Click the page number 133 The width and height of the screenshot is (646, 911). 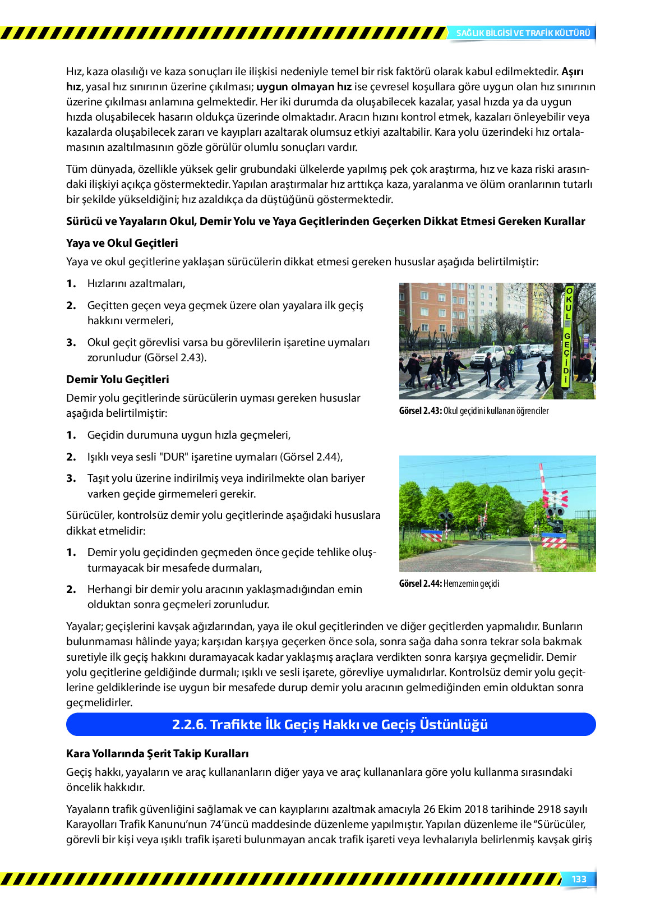(579, 879)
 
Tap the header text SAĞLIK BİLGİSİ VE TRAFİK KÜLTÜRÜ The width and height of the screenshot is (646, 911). (523, 33)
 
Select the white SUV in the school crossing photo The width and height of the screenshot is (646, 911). (487, 356)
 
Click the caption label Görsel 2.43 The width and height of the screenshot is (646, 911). (420, 411)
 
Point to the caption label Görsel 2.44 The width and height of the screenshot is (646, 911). (420, 583)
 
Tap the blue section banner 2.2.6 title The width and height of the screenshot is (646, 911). (330, 724)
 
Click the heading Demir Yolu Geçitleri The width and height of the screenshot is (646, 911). (117, 379)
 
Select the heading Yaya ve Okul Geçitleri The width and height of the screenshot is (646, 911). (122, 243)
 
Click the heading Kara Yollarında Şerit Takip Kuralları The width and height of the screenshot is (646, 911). (157, 753)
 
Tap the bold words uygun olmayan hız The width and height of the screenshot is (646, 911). (304, 86)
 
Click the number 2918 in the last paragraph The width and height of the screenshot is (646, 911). (550, 809)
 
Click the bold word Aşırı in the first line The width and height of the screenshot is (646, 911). (573, 71)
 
